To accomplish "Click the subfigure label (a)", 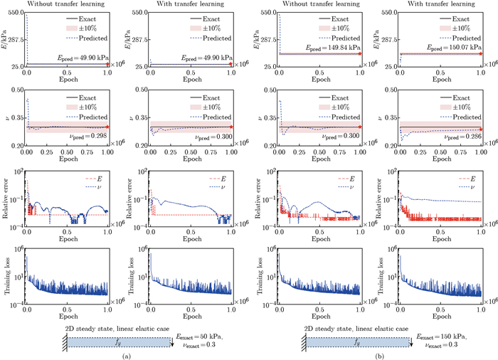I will (126, 354).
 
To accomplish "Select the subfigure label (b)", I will (372, 354).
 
